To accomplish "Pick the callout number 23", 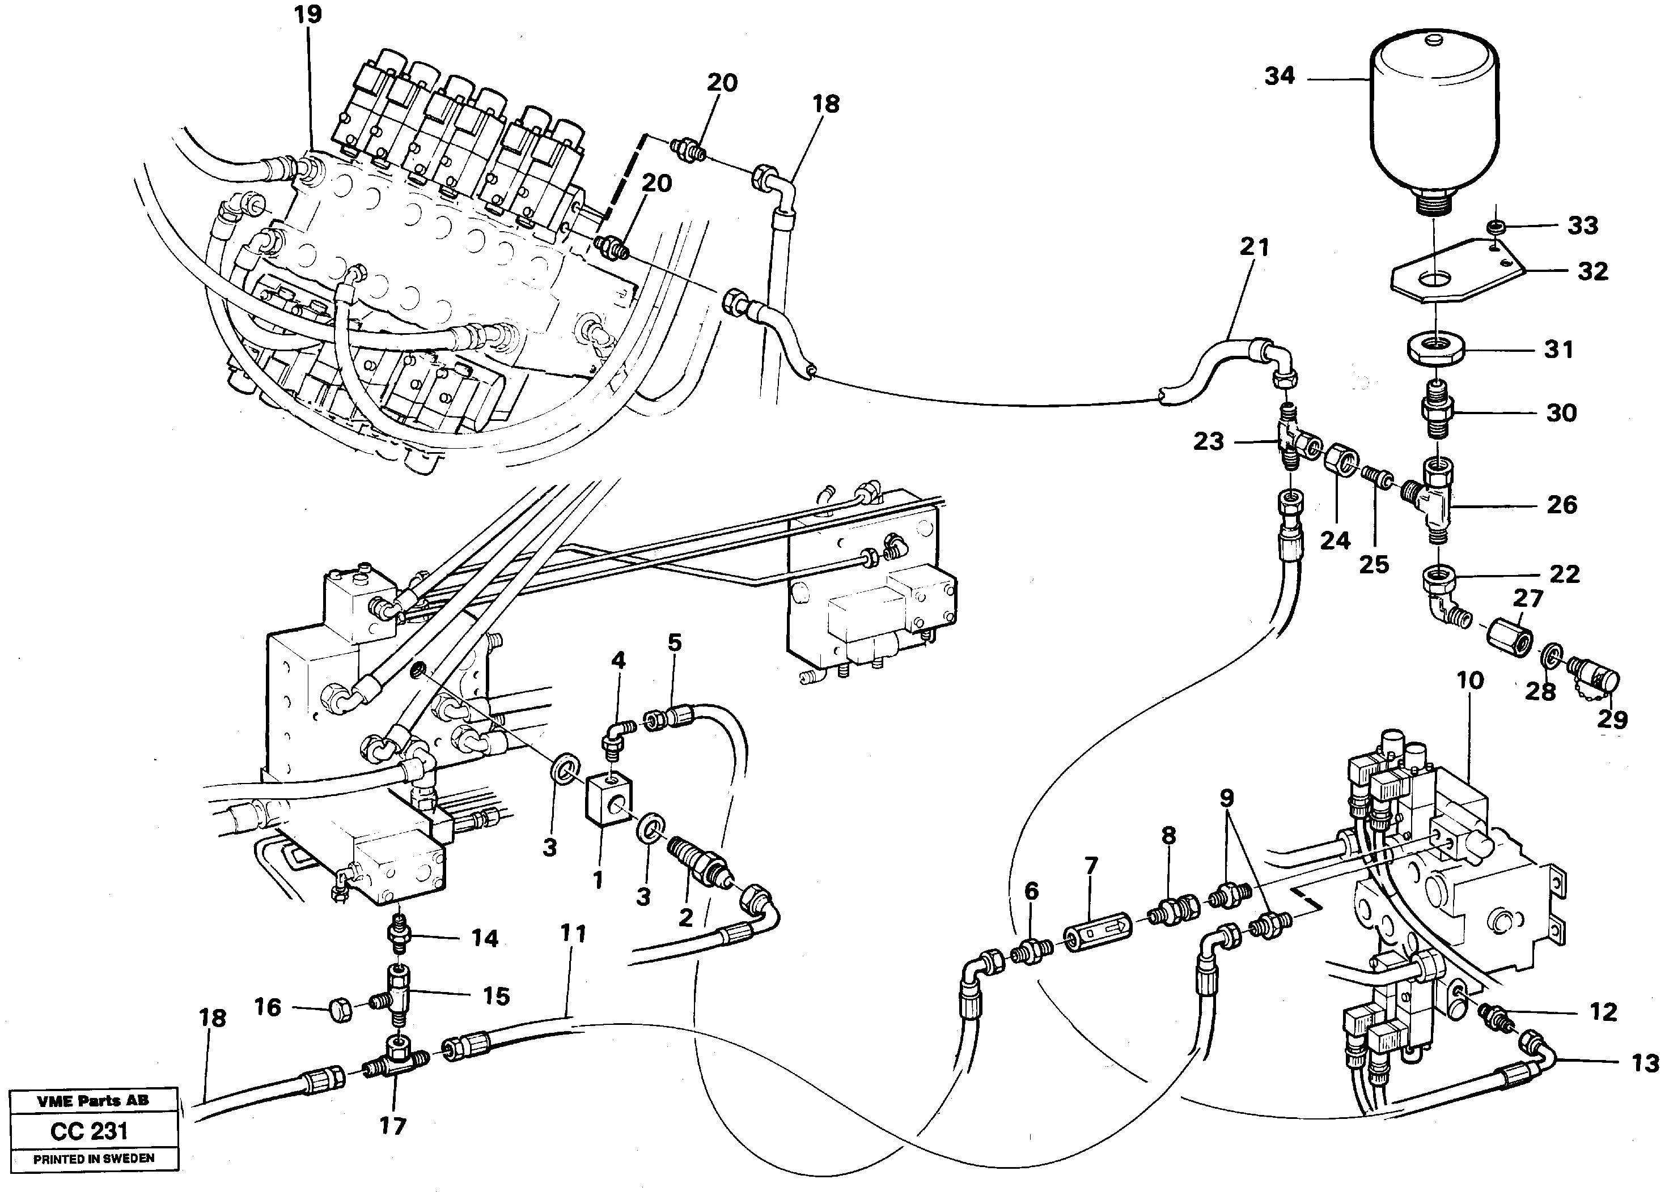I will pos(1209,441).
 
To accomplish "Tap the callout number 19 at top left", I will pos(308,14).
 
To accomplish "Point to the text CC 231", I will pos(90,1131).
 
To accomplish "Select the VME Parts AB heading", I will pos(93,1100).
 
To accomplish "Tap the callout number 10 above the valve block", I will pos(1470,680).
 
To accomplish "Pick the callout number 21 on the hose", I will pos(1254,248).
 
